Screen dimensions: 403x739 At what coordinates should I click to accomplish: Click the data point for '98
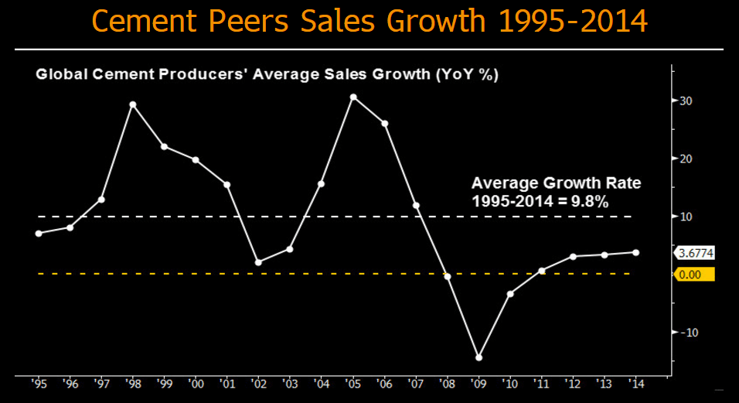tap(133, 104)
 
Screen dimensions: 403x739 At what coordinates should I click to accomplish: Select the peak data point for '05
tap(353, 97)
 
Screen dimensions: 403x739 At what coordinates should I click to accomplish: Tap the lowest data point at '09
tap(478, 357)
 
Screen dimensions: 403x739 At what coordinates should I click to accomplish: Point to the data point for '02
tap(258, 262)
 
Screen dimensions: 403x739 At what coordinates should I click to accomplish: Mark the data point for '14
tap(635, 252)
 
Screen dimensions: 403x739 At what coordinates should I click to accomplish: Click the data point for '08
tap(447, 276)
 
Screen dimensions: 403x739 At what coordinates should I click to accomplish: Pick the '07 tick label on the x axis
tap(415, 384)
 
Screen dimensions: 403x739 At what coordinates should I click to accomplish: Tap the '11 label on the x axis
tap(541, 384)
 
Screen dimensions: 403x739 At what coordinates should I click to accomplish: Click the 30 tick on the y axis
tap(686, 101)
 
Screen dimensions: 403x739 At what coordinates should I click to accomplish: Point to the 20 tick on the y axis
tap(686, 159)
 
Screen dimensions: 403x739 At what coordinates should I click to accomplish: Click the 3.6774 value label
tap(696, 252)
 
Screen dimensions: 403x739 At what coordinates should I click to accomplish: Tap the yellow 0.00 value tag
tap(694, 274)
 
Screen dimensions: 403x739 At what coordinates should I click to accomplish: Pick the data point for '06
tap(384, 124)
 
